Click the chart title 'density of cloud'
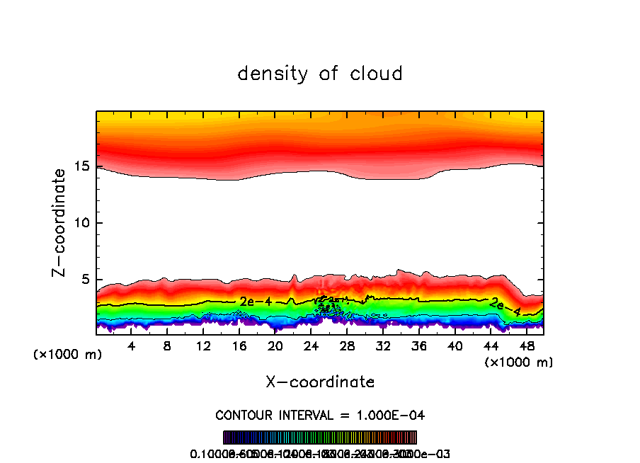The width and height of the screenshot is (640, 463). [320, 74]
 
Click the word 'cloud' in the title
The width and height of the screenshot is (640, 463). [377, 74]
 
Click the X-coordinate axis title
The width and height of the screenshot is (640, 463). [320, 382]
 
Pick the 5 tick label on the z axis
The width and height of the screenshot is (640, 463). [84, 280]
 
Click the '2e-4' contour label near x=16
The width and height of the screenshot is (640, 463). [256, 302]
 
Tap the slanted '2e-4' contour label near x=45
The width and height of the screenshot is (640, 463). [506, 307]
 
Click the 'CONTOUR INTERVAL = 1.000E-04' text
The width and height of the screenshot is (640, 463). [320, 415]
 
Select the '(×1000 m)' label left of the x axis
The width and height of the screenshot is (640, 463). [67, 354]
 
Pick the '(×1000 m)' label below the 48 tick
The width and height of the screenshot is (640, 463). [519, 362]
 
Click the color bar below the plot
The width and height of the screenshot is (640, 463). [320, 438]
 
